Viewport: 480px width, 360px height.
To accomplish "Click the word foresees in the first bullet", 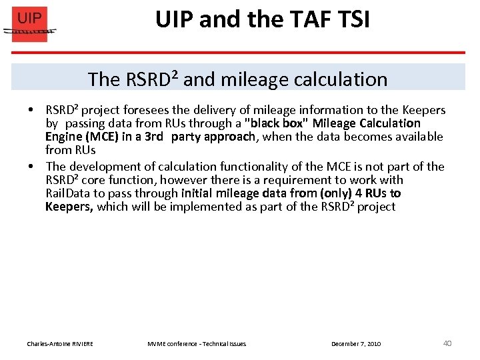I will point(150,110).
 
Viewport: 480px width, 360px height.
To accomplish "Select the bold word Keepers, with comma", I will point(69,207).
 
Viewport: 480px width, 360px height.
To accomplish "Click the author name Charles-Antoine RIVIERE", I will point(60,343).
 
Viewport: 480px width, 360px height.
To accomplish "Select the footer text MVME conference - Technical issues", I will point(197,343).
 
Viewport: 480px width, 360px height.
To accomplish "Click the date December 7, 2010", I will point(356,343).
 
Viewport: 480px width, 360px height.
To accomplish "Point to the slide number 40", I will point(447,343).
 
